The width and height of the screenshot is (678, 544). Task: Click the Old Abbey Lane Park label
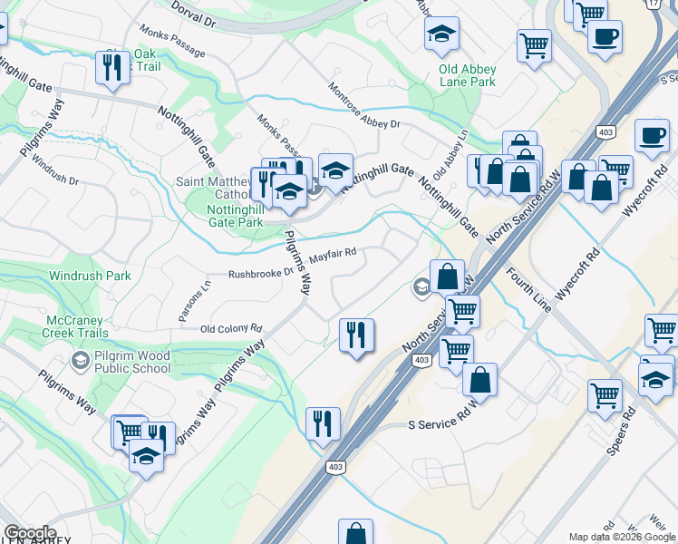pyautogui.click(x=467, y=74)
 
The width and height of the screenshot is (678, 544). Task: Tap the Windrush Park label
pyautogui.click(x=90, y=276)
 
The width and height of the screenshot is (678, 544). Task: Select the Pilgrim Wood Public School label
pyautogui.click(x=131, y=362)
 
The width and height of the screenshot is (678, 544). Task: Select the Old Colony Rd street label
pyautogui.click(x=230, y=329)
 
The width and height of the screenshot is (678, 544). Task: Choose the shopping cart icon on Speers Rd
pyautogui.click(x=605, y=394)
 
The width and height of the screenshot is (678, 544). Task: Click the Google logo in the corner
pyautogui.click(x=30, y=534)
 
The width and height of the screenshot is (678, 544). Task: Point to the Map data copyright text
pyautogui.click(x=621, y=537)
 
